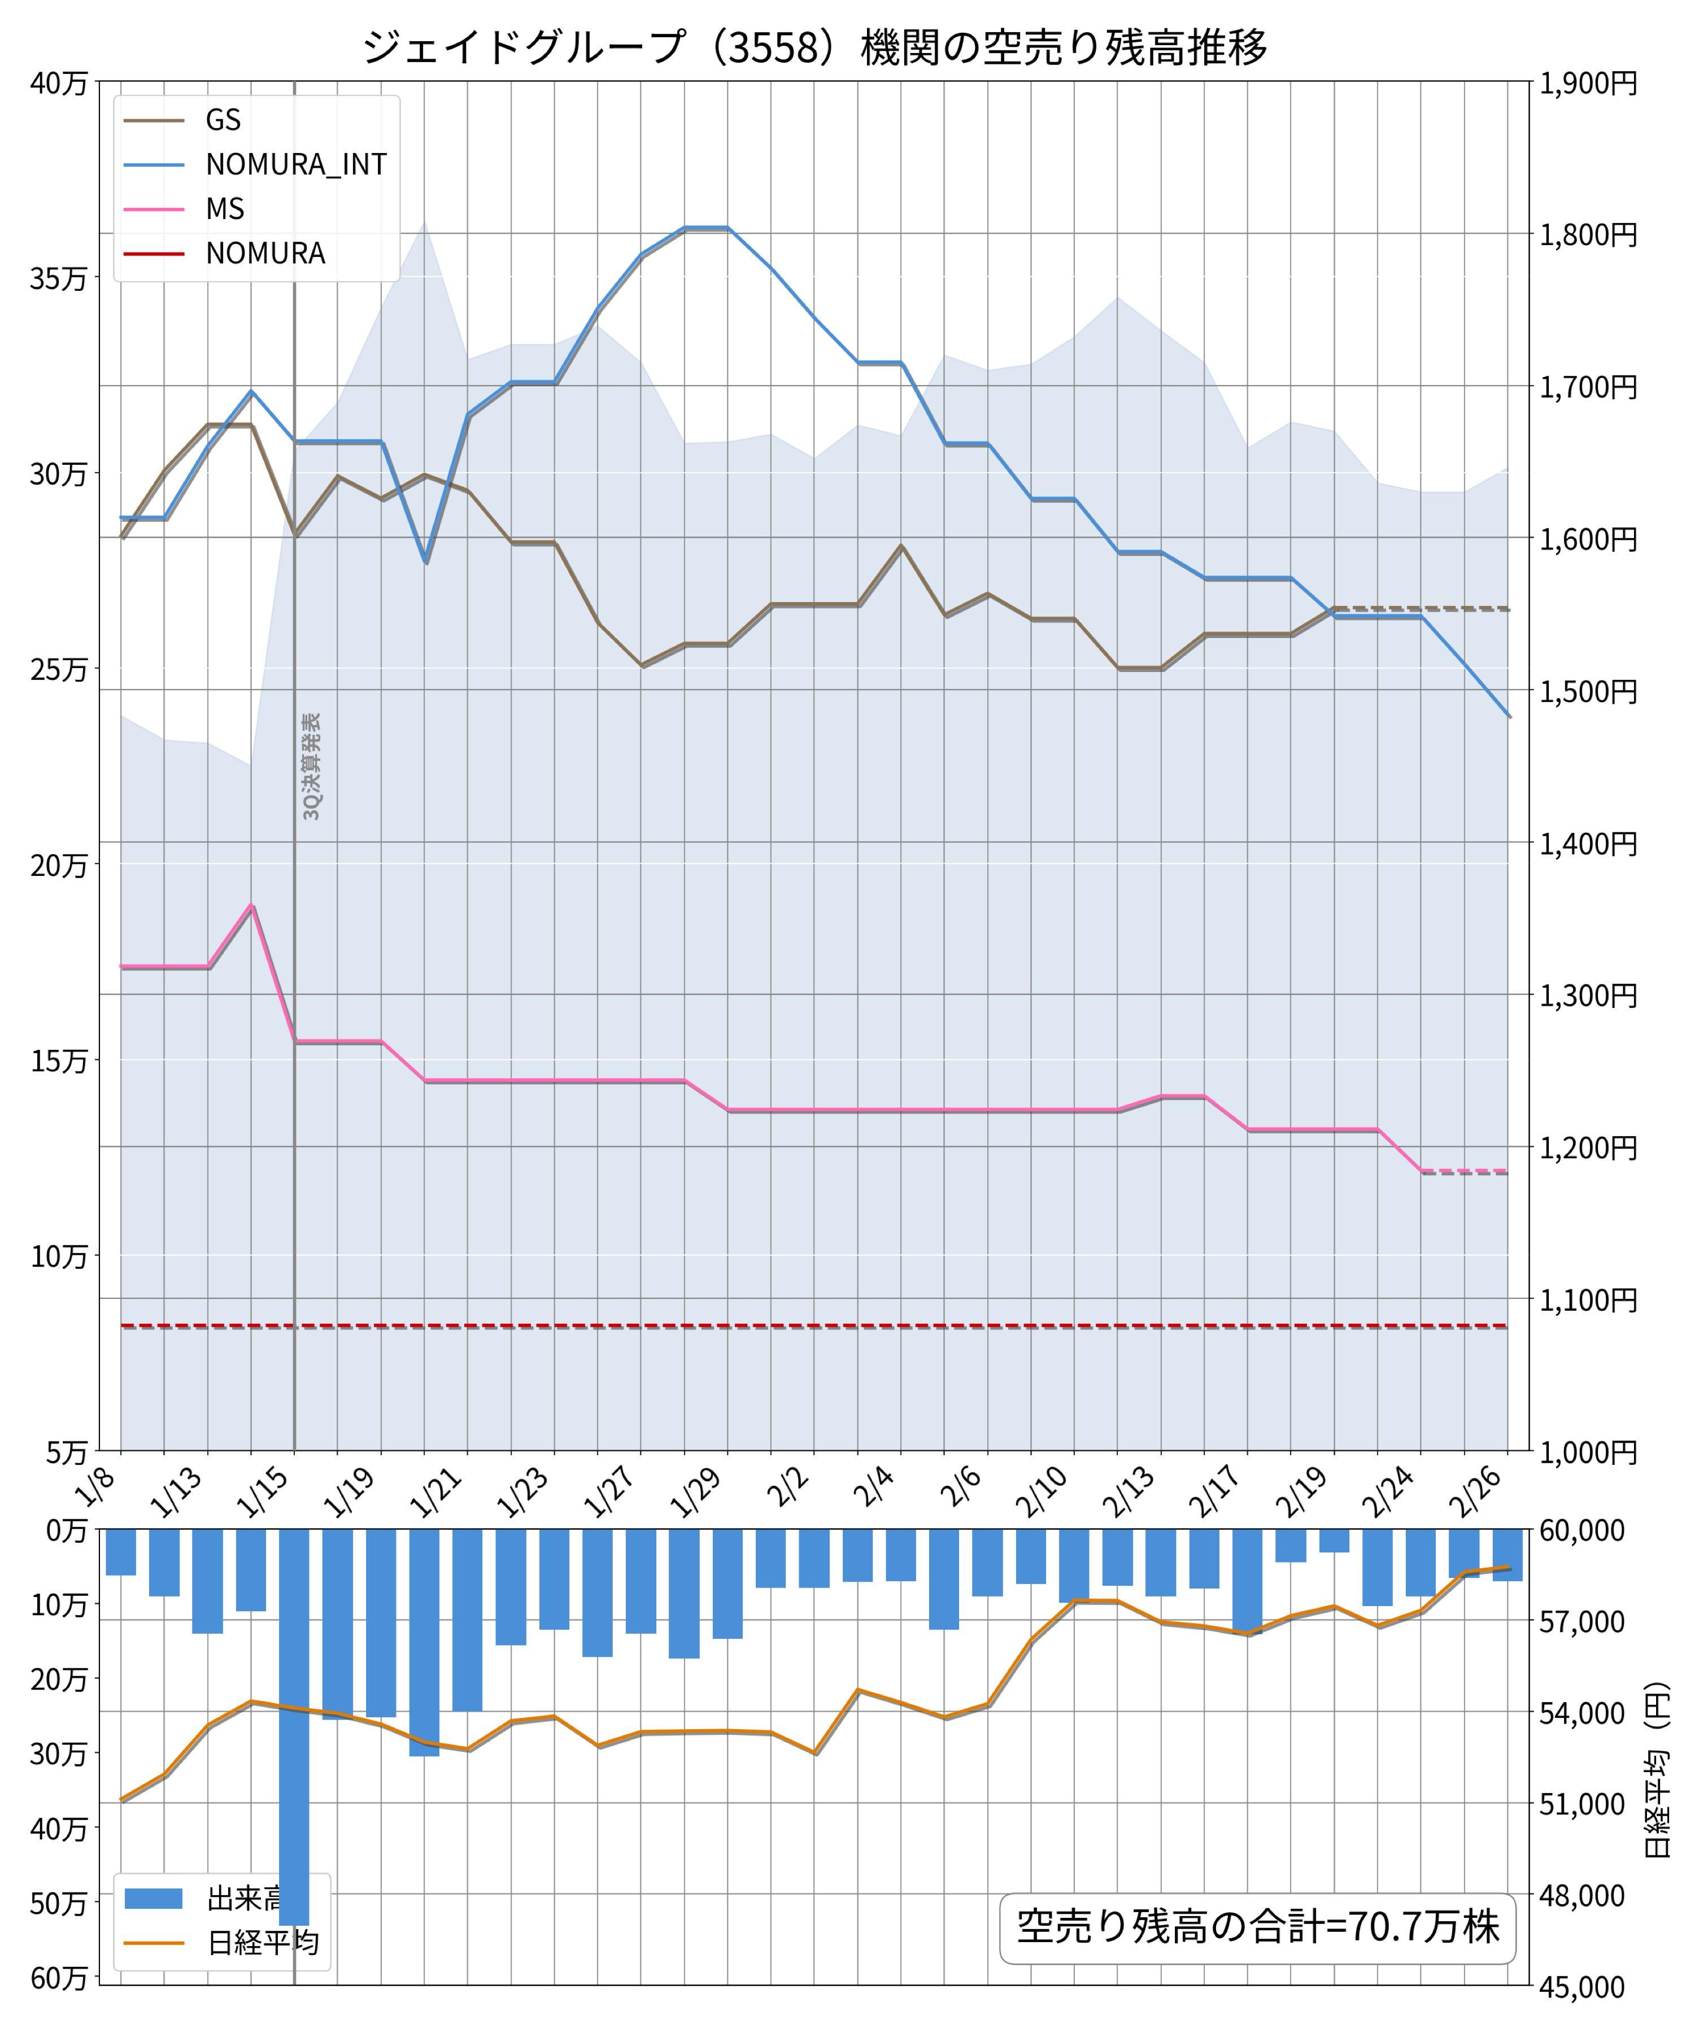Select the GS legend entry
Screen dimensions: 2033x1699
[223, 120]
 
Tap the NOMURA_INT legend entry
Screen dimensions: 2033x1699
[295, 164]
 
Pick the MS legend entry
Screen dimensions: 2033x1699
[225, 209]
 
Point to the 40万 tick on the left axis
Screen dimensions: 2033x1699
[58, 83]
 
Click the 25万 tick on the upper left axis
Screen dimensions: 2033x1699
[58, 670]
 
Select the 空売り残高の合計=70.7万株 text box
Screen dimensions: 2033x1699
[1257, 1926]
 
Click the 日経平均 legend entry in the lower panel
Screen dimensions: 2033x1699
[262, 1944]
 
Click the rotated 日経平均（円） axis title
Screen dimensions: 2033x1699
[1657, 1770]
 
